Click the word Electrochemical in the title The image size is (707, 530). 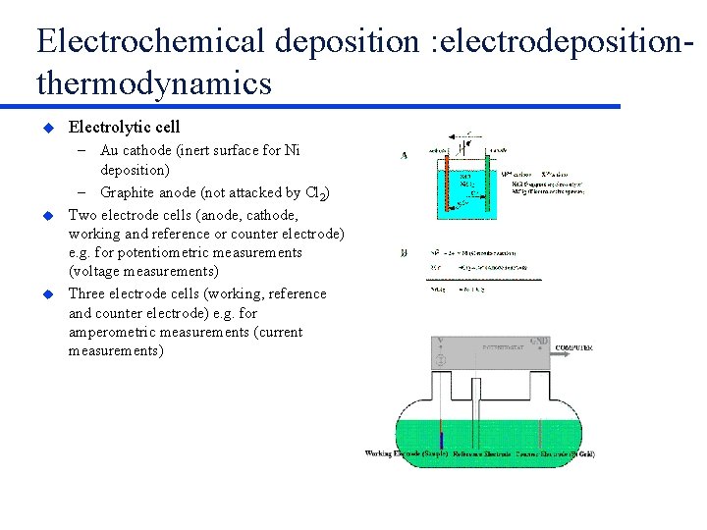(x=151, y=41)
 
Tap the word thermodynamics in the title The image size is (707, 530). (x=154, y=83)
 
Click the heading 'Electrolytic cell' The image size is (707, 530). (x=124, y=127)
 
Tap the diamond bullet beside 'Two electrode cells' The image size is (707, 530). (x=45, y=215)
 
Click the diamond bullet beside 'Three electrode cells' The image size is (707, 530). (x=45, y=294)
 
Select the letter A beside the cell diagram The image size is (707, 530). (x=405, y=154)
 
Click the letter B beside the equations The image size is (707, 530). (x=405, y=253)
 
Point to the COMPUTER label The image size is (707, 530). (x=573, y=347)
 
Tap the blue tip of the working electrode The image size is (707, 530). (x=441, y=439)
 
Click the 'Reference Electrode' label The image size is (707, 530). (x=482, y=453)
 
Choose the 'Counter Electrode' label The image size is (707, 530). (x=555, y=453)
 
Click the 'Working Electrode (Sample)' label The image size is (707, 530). (x=407, y=453)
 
